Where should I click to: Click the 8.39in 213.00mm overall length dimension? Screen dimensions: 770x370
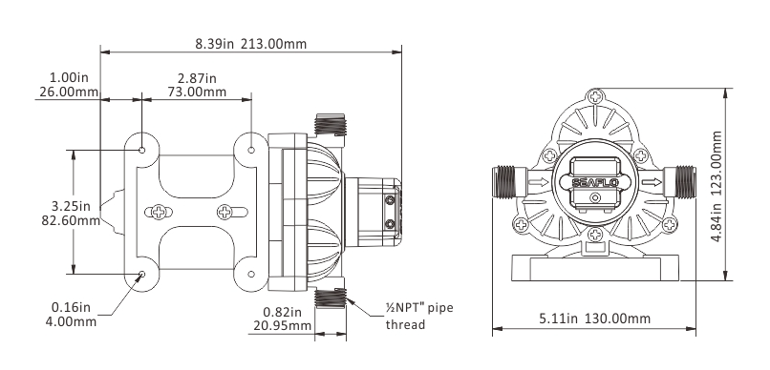tap(251, 44)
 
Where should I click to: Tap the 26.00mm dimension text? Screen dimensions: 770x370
tap(68, 92)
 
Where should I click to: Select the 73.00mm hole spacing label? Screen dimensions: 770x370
tap(197, 92)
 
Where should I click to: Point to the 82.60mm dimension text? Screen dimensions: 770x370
tap(71, 220)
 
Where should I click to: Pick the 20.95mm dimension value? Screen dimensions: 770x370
tap(282, 325)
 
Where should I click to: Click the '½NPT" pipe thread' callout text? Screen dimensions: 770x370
tap(418, 316)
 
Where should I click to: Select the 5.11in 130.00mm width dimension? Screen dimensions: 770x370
tap(594, 319)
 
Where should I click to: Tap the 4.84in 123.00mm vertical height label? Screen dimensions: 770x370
tap(717, 186)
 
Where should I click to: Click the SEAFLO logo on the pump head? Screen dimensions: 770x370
tap(595, 183)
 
